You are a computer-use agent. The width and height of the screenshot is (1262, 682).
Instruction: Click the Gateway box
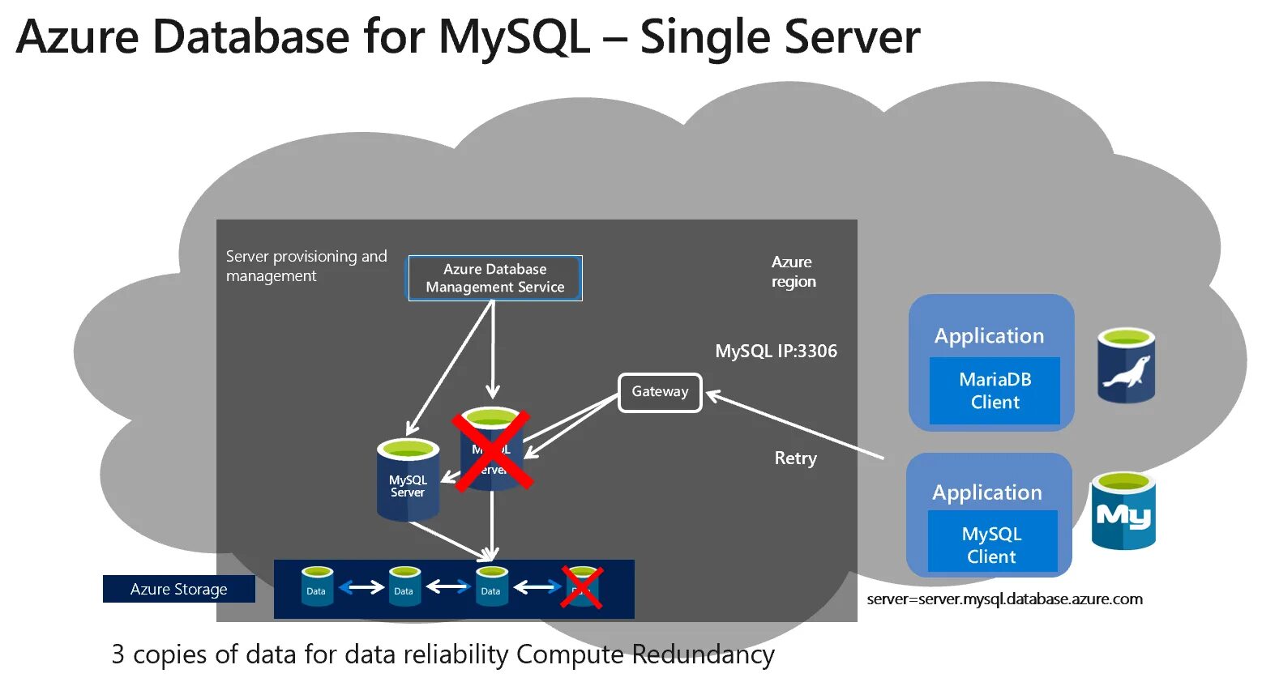pos(660,392)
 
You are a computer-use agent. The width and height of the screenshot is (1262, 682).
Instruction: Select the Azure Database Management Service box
pos(494,278)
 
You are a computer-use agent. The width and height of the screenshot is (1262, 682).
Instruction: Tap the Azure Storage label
pos(178,589)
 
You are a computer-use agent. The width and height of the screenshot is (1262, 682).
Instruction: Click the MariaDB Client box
pos(995,390)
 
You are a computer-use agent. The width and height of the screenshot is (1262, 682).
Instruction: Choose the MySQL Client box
pos(991,544)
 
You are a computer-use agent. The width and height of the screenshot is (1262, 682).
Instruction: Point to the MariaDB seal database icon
pos(1126,366)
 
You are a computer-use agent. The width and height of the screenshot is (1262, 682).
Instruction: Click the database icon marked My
pos(1123,512)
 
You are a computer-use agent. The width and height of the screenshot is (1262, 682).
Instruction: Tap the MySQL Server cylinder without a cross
pos(408,480)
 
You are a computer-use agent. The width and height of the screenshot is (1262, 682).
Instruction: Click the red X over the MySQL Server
pos(492,450)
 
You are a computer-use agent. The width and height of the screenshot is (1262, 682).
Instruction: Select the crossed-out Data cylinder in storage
pos(582,587)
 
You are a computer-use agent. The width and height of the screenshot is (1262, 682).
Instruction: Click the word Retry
pos(795,458)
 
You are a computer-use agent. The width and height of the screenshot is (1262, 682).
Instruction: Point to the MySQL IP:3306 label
pos(776,352)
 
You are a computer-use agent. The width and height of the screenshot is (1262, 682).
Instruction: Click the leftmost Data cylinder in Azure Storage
pos(317,586)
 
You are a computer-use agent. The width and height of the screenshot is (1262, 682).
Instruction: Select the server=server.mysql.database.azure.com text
pos(1004,599)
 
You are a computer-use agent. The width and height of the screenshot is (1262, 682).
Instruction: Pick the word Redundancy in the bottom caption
pos(703,654)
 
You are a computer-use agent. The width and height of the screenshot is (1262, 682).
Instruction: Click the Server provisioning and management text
pos(306,266)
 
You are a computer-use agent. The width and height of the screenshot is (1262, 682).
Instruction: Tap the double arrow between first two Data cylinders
pos(361,587)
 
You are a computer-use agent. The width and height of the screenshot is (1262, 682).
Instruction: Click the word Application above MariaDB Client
pos(989,336)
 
